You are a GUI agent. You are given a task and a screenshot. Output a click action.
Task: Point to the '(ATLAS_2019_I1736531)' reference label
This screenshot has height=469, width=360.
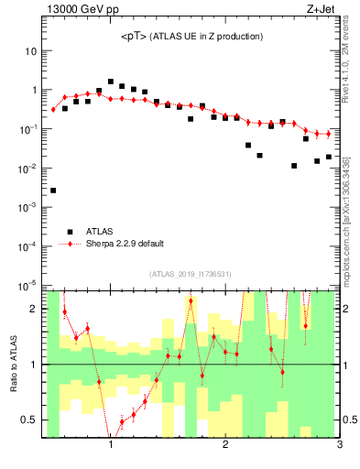click(x=191, y=274)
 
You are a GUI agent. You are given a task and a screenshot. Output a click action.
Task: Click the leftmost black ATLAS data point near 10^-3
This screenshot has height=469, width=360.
click(x=53, y=191)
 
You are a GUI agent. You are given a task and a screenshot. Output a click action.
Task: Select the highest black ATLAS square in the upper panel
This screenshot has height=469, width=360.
click(x=111, y=82)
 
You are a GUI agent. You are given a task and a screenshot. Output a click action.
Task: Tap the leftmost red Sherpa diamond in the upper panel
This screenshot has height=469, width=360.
click(x=53, y=109)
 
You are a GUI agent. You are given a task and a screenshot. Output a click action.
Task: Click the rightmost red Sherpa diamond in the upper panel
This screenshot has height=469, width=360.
click(x=328, y=134)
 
